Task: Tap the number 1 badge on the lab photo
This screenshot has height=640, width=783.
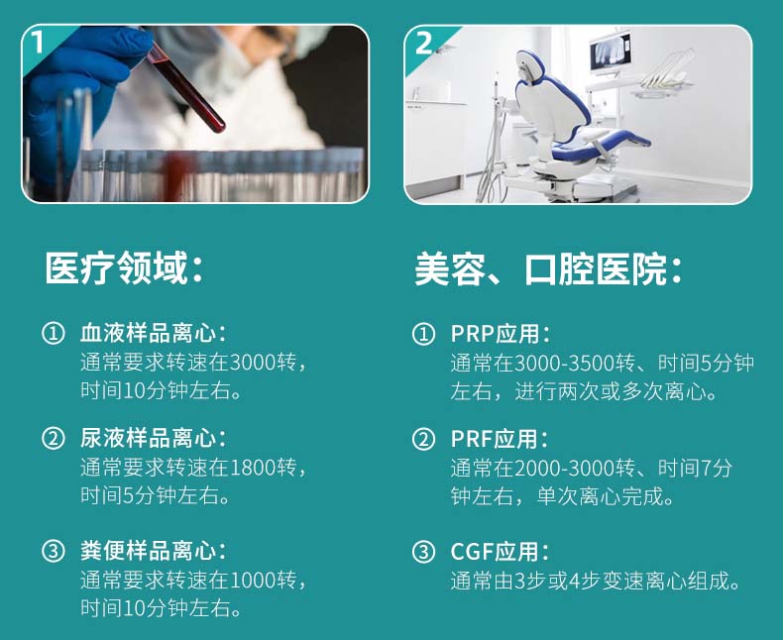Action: click(38, 42)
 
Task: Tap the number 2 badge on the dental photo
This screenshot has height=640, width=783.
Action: click(423, 43)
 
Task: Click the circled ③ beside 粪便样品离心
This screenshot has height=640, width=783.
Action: click(54, 551)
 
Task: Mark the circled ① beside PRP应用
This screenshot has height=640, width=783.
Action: click(423, 334)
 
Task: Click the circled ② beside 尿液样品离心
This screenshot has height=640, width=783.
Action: click(54, 438)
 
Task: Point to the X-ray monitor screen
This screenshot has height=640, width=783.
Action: click(611, 52)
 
